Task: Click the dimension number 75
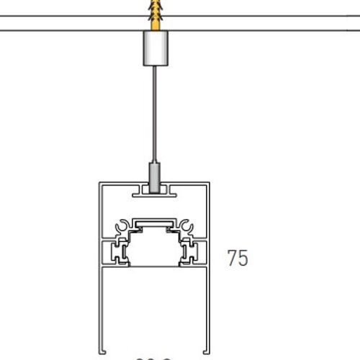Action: click(238, 258)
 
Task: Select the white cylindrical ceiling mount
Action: click(154, 50)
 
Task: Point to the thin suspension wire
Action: click(154, 115)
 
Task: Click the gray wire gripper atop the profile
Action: click(153, 174)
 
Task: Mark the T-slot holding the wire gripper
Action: click(153, 192)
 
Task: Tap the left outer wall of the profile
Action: click(102, 288)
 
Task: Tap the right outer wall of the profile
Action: click(208, 288)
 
